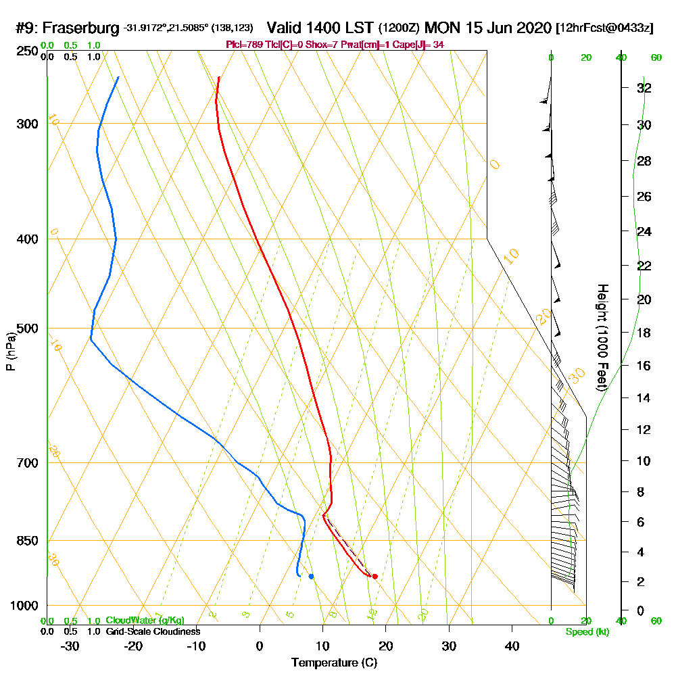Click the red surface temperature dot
pyautogui.click(x=375, y=576)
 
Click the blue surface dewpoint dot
pyautogui.click(x=311, y=576)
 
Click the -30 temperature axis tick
pyautogui.click(x=70, y=646)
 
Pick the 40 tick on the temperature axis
pyautogui.click(x=512, y=646)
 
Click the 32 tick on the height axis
pyautogui.click(x=644, y=88)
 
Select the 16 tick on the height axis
pyautogui.click(x=644, y=366)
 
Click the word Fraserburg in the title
pyautogui.click(x=82, y=28)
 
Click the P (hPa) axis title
pyautogui.click(x=10, y=351)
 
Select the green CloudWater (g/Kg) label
pyautogui.click(x=145, y=621)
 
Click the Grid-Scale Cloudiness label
pyautogui.click(x=153, y=631)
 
